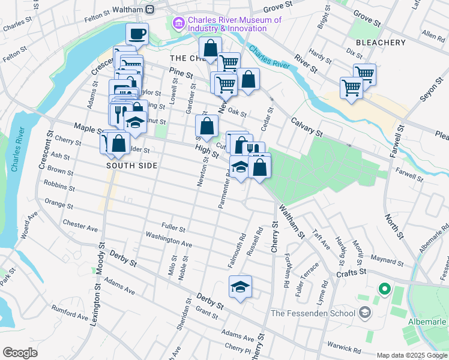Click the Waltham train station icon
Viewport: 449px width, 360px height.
[x=150, y=10]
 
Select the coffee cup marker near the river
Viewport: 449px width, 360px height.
[x=137, y=34]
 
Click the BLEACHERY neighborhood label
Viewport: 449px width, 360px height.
[x=381, y=43]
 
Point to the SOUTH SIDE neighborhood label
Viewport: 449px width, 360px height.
[x=132, y=166]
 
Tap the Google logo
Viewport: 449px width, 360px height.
[x=20, y=353]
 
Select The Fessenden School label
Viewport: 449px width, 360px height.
[x=313, y=313]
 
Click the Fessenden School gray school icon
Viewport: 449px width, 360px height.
[x=364, y=313]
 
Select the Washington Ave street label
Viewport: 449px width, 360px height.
[x=170, y=241]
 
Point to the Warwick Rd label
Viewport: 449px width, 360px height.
[x=343, y=346]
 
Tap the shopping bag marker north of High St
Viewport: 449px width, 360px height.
[x=206, y=126]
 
